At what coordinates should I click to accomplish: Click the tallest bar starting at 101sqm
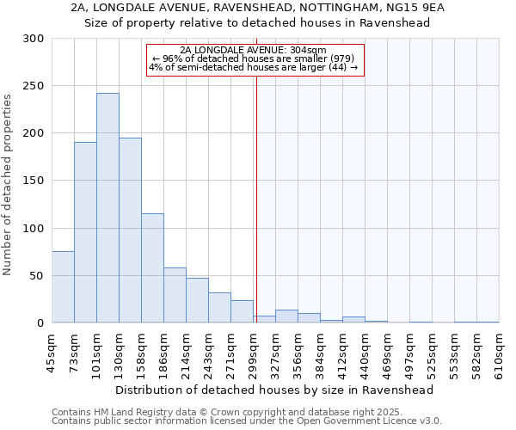click(x=107, y=208)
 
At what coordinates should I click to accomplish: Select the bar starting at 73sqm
click(x=85, y=232)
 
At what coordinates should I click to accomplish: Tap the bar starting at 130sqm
click(x=130, y=230)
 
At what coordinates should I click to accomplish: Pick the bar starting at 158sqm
click(x=152, y=268)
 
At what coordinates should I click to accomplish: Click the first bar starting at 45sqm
click(x=63, y=287)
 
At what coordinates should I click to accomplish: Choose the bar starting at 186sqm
click(x=175, y=295)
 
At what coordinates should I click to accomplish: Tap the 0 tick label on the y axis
click(x=40, y=323)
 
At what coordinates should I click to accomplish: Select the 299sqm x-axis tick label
click(x=253, y=350)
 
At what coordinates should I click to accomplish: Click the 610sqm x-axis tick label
click(x=499, y=350)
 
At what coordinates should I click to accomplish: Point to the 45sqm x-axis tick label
click(x=52, y=350)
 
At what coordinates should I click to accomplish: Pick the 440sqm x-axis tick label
click(x=365, y=350)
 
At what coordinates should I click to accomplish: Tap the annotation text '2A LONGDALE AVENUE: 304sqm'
click(x=254, y=50)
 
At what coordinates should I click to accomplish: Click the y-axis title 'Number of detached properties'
click(x=8, y=185)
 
